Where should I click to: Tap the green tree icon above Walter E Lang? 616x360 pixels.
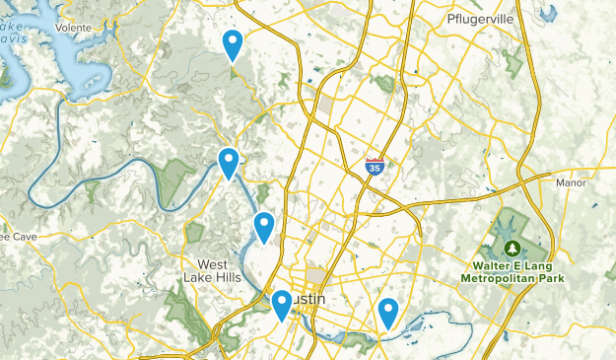point(512,247)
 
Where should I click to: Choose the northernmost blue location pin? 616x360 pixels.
point(233,44)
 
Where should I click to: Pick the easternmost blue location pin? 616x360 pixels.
point(388,312)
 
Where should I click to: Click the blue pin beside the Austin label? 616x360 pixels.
point(282,305)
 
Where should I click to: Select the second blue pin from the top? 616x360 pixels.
point(229,162)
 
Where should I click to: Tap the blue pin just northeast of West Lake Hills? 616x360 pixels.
point(264,227)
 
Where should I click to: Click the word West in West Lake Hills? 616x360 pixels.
point(212,264)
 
